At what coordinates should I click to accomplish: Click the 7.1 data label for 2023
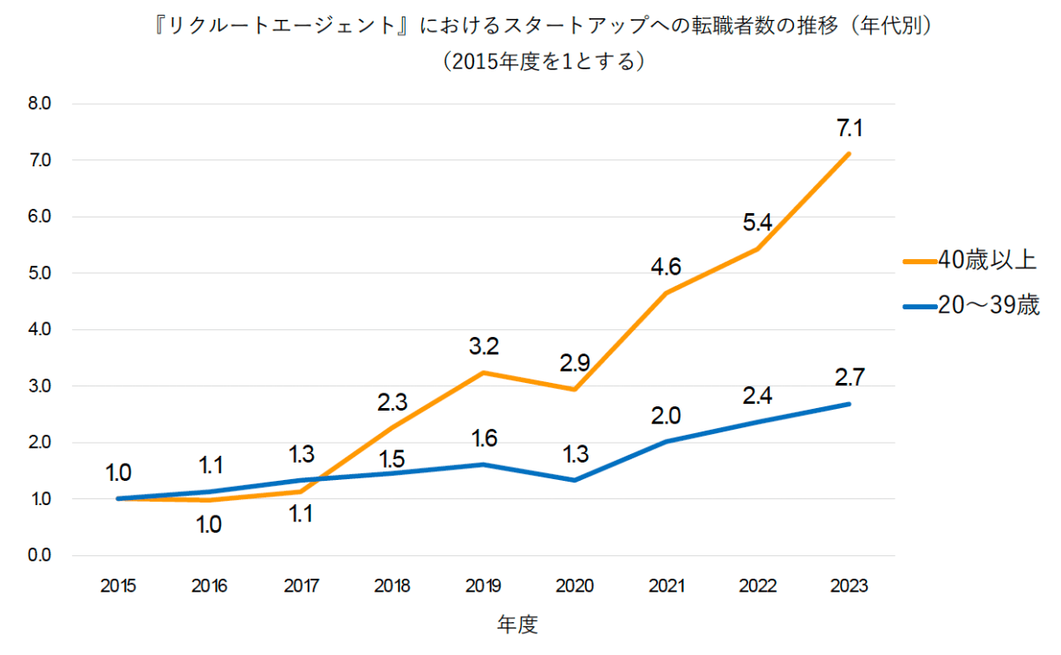point(849,129)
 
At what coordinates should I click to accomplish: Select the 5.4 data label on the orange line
point(757,224)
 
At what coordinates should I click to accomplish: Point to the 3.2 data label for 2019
point(483,347)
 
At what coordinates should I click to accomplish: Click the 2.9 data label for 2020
point(575,364)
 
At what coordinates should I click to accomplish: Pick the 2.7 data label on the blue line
point(849,378)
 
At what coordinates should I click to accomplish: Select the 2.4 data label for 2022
point(757,396)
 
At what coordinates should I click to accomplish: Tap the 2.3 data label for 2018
point(392,402)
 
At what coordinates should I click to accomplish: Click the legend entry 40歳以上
point(980,258)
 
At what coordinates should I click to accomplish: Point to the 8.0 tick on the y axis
point(40,104)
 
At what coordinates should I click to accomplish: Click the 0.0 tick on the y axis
point(40,555)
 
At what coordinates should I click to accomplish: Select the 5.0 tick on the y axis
point(40,273)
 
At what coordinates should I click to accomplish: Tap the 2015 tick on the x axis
point(118,586)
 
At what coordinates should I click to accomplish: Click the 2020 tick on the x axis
point(575,586)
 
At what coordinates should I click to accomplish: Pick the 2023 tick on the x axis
point(849,586)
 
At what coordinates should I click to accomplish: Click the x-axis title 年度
point(517,625)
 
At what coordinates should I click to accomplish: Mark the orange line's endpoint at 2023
point(849,153)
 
